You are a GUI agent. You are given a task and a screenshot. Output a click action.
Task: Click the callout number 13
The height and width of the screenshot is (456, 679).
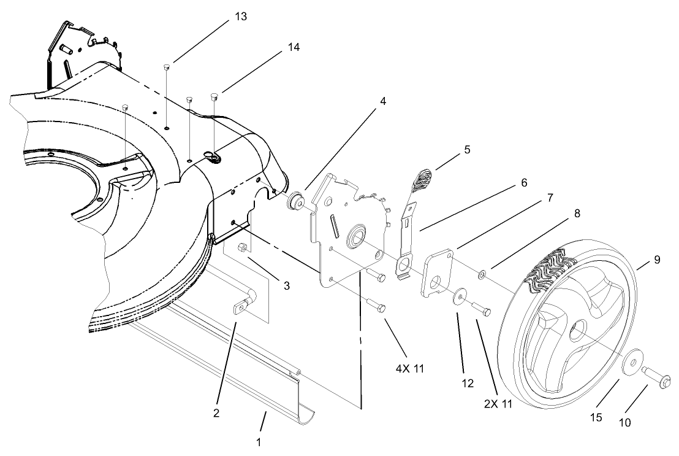point(241,17)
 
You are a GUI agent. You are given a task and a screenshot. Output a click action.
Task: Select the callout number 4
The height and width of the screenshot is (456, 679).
point(382,101)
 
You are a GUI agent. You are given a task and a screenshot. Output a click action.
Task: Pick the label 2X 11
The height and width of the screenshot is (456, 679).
point(497,404)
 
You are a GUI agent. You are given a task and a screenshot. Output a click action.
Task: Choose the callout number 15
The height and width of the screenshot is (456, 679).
point(596,417)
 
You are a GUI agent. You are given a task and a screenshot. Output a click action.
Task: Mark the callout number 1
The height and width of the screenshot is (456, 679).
point(259,441)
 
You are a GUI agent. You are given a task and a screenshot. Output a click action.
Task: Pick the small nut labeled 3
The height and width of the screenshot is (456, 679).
point(241,247)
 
